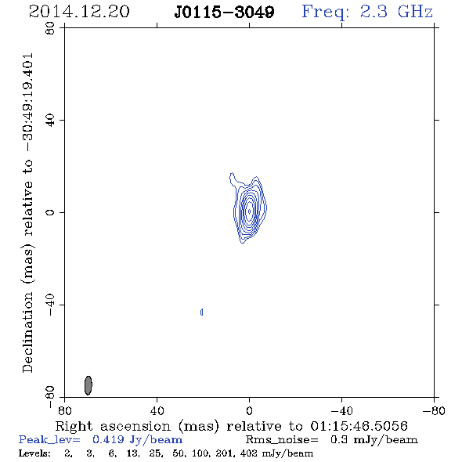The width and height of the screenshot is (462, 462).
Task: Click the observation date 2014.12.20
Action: pos(79,12)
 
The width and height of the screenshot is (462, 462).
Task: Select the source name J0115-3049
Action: pos(224,12)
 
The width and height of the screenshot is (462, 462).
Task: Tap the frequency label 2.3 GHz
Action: pos(396,12)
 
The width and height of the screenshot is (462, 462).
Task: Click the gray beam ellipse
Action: pos(88,385)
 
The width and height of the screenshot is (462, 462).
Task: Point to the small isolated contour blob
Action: pos(201,312)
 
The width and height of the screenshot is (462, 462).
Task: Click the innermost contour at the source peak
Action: pos(250,211)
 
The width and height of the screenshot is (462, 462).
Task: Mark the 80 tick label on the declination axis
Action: pos(50,28)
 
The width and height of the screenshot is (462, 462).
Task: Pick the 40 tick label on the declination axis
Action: pos(50,121)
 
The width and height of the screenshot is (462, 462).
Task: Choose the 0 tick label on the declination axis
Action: pos(50,212)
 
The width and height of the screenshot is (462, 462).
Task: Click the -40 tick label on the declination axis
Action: pos(50,305)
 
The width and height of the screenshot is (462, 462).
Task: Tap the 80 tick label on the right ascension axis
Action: pos(64,411)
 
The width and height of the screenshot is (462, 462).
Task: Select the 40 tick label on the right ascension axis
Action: pos(157,411)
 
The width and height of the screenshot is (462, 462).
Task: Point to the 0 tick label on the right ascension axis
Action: pos(249,411)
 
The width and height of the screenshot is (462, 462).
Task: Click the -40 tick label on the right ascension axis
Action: pos(341,411)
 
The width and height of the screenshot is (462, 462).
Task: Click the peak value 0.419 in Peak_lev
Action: pos(108,439)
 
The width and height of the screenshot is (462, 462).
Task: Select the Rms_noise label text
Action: pos(282,440)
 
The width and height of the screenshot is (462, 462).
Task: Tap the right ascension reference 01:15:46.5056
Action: pos(359,426)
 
